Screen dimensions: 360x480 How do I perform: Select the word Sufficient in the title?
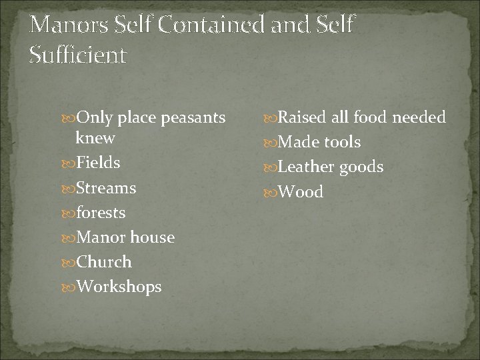78,55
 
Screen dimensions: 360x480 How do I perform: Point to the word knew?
95,138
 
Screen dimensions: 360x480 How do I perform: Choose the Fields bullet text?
98,163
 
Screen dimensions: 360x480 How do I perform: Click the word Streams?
106,188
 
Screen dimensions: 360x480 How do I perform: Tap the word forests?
101,213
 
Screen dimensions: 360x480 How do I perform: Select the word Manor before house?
101,237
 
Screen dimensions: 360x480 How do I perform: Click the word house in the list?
153,237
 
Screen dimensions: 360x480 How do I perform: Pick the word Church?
104,262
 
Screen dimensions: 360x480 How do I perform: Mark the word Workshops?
119,287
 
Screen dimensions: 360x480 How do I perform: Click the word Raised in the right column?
303,117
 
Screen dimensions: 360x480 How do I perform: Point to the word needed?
419,117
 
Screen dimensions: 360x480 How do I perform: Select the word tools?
342,142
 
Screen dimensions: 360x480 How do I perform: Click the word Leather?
307,167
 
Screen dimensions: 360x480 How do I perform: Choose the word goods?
361,167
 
